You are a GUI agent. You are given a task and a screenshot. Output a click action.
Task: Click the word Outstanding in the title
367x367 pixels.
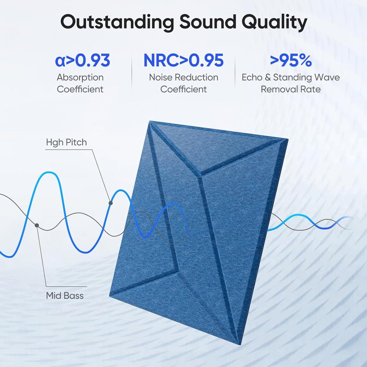(117, 22)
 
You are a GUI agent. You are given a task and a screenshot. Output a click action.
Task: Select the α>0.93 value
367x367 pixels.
(83, 60)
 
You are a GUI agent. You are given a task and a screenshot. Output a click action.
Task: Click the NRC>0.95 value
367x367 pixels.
(183, 60)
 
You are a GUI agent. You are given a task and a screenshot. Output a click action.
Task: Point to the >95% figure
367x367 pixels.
(291, 60)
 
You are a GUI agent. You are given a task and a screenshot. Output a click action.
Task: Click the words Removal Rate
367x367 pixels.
(291, 89)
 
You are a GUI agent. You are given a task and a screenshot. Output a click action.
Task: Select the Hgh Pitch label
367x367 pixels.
(66, 142)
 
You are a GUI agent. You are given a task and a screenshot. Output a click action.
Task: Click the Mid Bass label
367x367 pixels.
(65, 296)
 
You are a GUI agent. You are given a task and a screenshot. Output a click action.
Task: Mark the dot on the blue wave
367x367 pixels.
(110, 203)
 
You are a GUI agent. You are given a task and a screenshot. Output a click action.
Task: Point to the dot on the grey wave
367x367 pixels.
(37, 225)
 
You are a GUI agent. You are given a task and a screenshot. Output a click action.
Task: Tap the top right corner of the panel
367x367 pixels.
(288, 139)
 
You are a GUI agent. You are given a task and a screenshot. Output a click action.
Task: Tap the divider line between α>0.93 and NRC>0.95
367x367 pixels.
(132, 72)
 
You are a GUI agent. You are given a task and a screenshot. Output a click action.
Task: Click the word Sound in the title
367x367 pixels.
(208, 22)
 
